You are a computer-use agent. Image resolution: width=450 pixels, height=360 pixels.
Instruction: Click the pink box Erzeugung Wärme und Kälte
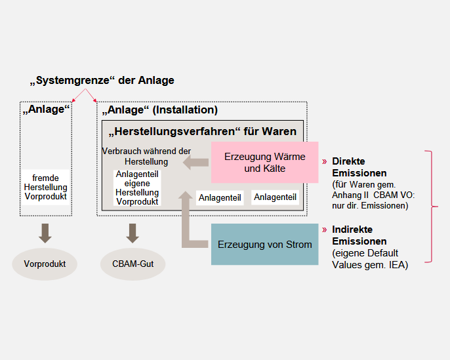[264, 162]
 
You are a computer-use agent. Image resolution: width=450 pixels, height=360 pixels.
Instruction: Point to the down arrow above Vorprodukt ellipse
[45, 233]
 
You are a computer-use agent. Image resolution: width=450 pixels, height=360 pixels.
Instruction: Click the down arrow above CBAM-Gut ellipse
[133, 233]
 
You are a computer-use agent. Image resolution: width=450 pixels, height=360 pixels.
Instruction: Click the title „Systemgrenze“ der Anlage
[102, 81]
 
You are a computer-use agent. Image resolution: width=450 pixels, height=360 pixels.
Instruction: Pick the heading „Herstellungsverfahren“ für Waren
[202, 131]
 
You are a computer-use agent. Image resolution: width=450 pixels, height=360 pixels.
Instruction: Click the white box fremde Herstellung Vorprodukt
[45, 187]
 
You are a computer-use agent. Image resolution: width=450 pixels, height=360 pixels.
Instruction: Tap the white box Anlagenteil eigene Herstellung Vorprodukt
[137, 188]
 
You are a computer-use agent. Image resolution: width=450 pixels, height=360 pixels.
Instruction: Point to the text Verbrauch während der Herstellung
[146, 156]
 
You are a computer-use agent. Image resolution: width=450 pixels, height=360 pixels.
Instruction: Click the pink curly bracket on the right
[432, 207]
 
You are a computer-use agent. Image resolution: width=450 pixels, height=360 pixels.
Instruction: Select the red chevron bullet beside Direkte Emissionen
[324, 161]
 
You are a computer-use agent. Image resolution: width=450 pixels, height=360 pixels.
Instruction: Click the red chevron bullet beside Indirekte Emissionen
[324, 230]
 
